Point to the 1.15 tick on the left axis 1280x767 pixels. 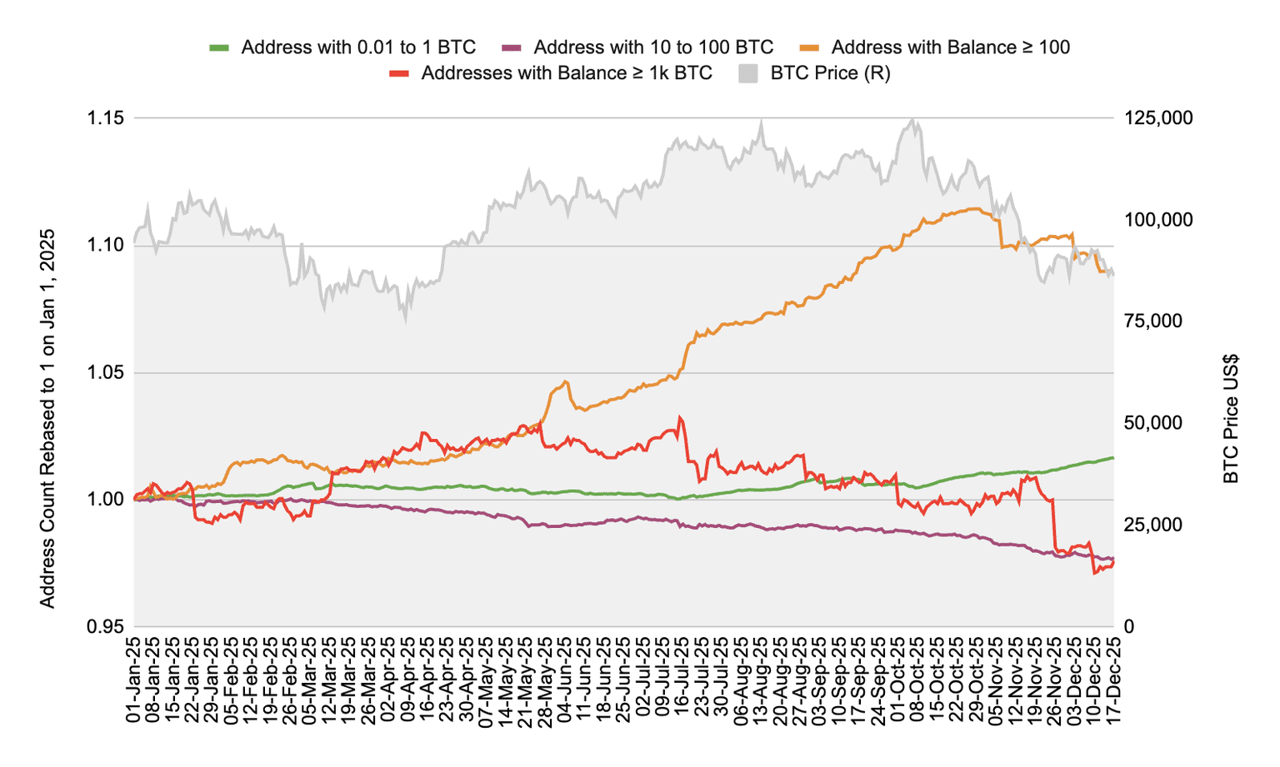click(106, 118)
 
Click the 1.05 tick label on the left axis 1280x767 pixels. click(106, 372)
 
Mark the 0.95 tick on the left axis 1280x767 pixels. click(106, 626)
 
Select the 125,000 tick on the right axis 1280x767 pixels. click(1158, 118)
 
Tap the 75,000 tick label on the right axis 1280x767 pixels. click(1153, 321)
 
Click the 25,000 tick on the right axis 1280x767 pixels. click(1153, 525)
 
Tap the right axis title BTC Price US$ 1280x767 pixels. click(1232, 419)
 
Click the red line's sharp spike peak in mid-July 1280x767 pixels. click(680, 417)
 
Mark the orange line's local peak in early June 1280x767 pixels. click(566, 382)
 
